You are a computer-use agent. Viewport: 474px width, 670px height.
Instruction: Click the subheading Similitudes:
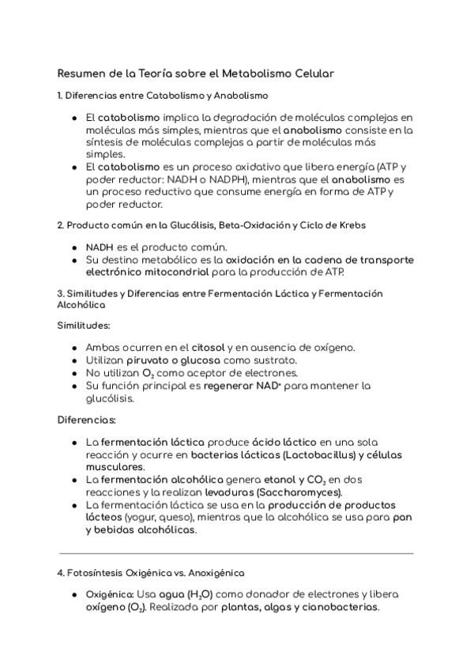click(84, 325)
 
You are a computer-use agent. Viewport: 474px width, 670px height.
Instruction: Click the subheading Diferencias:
click(87, 419)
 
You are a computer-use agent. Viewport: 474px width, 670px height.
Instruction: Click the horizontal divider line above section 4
click(236, 553)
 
